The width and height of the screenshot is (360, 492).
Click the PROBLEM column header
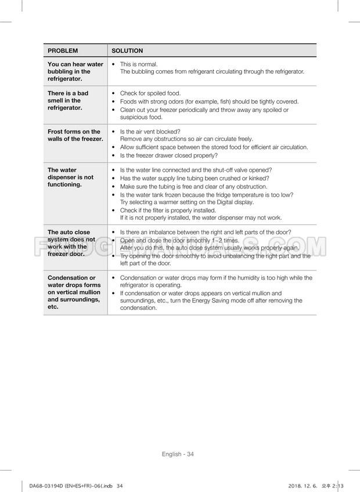pos(63,51)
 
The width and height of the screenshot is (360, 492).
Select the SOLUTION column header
pos(127,51)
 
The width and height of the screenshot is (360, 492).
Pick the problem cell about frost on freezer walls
pos(75,135)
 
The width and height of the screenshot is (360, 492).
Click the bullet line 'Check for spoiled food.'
pos(150,93)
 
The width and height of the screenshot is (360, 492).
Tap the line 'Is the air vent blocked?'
pos(150,132)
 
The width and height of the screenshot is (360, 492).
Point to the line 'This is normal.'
pos(139,64)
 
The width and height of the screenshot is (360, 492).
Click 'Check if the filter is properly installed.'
pos(168,210)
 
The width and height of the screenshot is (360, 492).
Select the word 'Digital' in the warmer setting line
pos(231,202)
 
